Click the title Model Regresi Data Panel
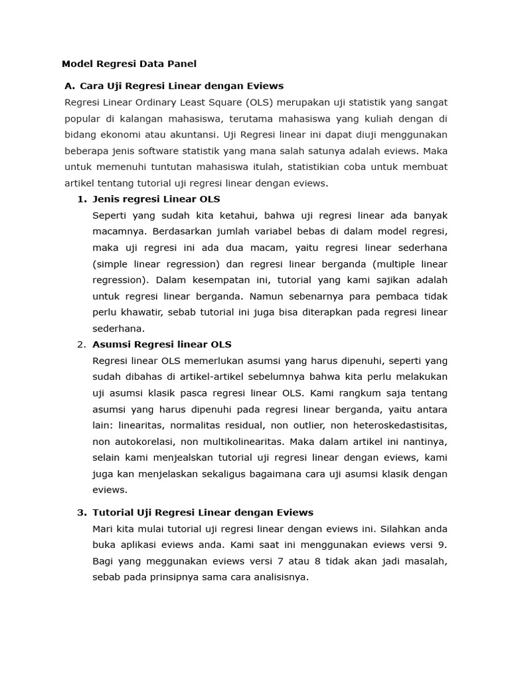(x=129, y=64)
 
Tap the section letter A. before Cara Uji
(x=69, y=86)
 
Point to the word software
(x=174, y=151)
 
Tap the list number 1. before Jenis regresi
(x=82, y=199)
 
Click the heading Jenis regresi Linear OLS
(x=156, y=199)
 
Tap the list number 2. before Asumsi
(x=82, y=345)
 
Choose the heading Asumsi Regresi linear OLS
(x=162, y=345)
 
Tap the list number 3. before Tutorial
(x=82, y=513)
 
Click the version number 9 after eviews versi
(x=443, y=545)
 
